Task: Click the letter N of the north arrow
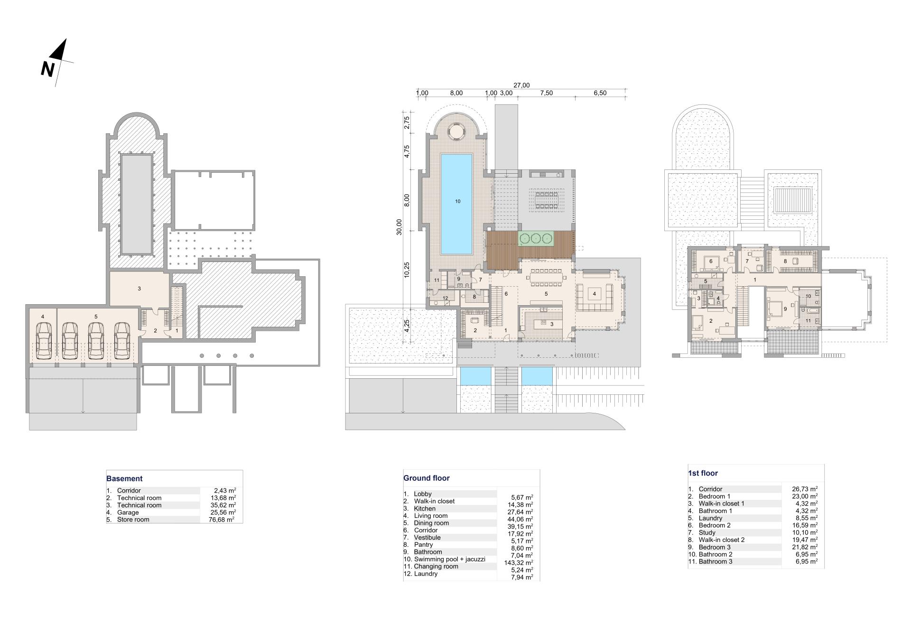tap(47, 69)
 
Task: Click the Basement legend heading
tap(124, 479)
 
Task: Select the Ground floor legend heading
tap(427, 478)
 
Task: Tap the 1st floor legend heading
tap(703, 473)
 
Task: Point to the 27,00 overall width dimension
tap(521, 85)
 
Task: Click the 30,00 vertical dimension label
tap(399, 227)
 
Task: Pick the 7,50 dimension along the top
tap(546, 93)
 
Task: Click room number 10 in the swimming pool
tap(457, 201)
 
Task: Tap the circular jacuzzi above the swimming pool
tap(456, 131)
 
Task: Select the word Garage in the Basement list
tap(128, 513)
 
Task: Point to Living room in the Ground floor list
tap(430, 516)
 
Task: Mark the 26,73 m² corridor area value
tap(805, 489)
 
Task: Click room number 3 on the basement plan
tap(139, 289)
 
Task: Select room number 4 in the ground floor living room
tap(594, 294)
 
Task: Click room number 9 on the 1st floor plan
tap(785, 309)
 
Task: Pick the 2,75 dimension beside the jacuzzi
tap(407, 123)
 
